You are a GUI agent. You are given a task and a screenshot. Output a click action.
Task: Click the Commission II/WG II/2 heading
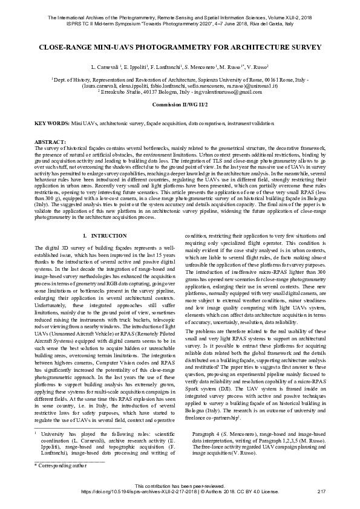tap(180, 105)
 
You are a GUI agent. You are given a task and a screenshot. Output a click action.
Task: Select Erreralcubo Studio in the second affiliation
tap(124, 92)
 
